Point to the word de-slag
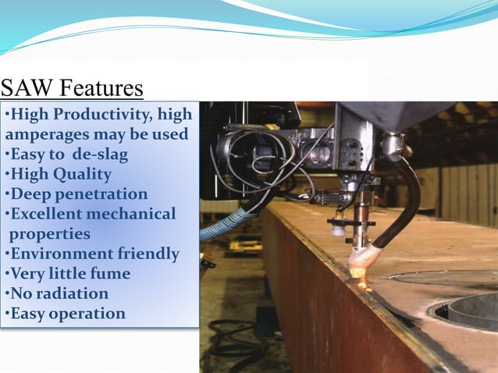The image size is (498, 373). click(x=98, y=155)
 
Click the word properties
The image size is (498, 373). click(x=50, y=234)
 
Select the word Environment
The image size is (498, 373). click(x=53, y=254)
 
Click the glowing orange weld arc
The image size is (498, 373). click(x=361, y=275)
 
